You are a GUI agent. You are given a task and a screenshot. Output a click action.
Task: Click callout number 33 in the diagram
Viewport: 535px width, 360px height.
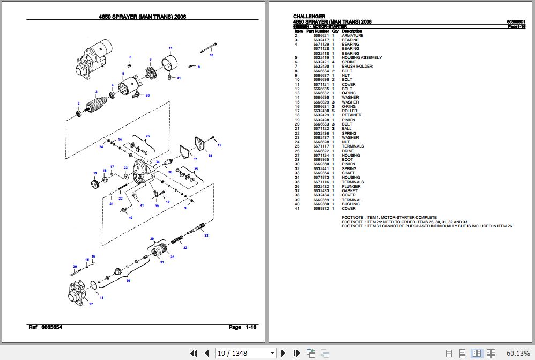[x=206, y=236]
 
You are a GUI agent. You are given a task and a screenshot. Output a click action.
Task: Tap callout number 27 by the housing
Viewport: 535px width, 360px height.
[x=91, y=304]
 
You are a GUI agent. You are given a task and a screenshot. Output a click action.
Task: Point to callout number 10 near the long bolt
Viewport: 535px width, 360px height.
[x=211, y=55]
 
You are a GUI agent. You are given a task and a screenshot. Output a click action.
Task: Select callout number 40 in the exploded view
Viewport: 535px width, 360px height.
[x=130, y=217]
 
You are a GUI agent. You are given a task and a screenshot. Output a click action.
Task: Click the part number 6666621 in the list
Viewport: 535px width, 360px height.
[x=321, y=35]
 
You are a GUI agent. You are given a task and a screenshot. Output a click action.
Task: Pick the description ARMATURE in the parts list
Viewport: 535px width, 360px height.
[x=352, y=35]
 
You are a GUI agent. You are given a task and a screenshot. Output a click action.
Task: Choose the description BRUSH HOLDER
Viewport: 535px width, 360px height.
[x=357, y=67]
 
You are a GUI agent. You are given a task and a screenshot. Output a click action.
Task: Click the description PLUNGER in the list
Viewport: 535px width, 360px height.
[x=351, y=186]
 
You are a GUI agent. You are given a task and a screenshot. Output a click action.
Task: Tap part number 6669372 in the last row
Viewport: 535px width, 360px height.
[x=321, y=209]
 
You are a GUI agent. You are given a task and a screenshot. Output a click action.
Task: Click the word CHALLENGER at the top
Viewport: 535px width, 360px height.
[x=309, y=16]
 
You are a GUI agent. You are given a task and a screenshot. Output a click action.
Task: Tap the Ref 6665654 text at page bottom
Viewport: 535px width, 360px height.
[x=45, y=327]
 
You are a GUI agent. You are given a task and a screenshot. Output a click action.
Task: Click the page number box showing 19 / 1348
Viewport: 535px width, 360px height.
[x=245, y=353]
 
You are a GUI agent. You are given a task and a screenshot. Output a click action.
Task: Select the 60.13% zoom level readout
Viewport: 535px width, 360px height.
[x=517, y=353]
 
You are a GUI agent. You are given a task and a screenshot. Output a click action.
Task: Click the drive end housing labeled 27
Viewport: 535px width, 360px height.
[x=78, y=295]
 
